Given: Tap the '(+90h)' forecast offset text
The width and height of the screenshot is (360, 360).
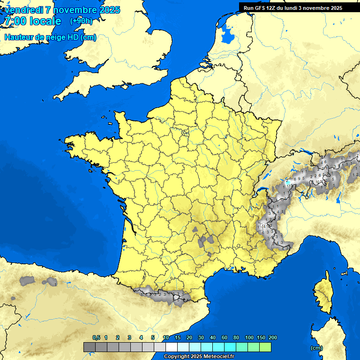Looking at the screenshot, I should pos(81,21).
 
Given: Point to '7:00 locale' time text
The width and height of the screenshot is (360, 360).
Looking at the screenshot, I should pos(32,21).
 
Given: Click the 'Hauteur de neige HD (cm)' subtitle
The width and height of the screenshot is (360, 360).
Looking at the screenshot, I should pos(50,37).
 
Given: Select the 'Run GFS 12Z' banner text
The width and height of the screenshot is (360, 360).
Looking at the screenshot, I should pos(260,8).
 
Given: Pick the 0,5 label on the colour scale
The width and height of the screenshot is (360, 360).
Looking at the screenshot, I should pos(96,337).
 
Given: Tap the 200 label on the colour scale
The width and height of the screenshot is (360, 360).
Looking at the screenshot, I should pos(273,337).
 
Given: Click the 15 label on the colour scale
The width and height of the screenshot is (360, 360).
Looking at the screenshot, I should pos(178,337).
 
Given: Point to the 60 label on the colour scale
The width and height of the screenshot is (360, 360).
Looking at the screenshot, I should pos(225,337).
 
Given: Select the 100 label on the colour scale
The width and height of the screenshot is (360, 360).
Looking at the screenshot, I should pos(249,337).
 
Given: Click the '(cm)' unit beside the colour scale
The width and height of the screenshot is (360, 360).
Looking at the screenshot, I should pos(316,348).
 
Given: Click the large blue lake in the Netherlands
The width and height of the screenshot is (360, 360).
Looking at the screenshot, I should pos(228,34).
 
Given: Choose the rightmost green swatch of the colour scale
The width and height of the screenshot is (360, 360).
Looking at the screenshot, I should pos(265,347).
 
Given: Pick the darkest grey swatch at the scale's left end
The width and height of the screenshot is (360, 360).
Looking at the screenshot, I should pos(90,347).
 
